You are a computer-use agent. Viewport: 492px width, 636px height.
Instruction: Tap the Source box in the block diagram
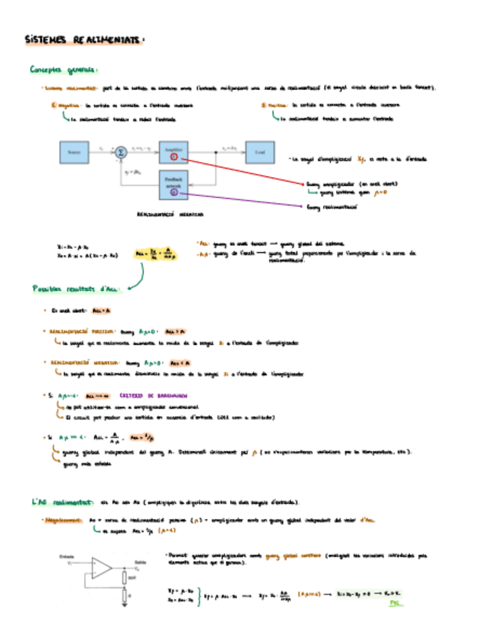coord(73,152)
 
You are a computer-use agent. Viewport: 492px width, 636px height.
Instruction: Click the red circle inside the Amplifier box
coord(173,157)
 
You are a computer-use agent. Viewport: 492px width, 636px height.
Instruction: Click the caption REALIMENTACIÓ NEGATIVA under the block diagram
coord(170,214)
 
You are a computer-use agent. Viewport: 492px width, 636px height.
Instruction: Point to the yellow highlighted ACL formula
coord(155,255)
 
